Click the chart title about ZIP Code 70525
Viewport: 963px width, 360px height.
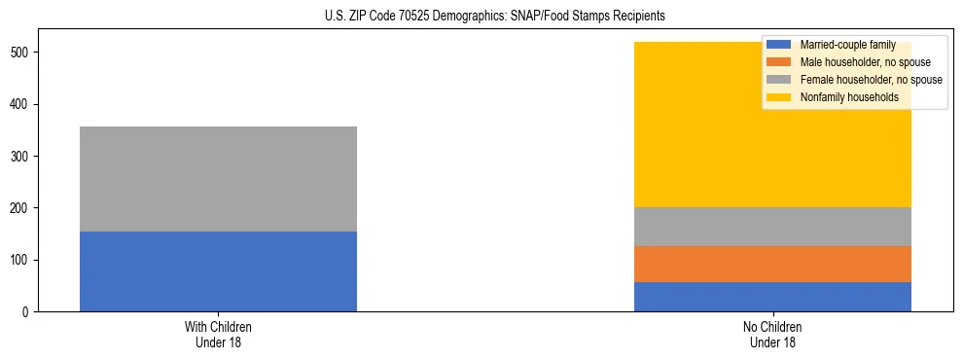click(x=481, y=17)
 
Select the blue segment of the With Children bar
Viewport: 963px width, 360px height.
click(x=218, y=271)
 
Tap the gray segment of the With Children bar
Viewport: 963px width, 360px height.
click(x=218, y=179)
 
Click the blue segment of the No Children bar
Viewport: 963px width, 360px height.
click(x=772, y=297)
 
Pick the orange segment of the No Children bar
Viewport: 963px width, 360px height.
click(x=772, y=264)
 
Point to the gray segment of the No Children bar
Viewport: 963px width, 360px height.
click(x=772, y=227)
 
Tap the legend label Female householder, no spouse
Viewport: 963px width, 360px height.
click(x=871, y=80)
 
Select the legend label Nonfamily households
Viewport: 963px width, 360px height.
click(x=843, y=97)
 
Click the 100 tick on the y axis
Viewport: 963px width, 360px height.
click(x=24, y=260)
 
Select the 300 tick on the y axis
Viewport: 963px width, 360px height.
click(x=24, y=156)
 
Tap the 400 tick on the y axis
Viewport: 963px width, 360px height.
click(x=24, y=104)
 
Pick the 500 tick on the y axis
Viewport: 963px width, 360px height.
click(x=24, y=52)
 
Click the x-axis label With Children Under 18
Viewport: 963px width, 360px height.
click(x=218, y=334)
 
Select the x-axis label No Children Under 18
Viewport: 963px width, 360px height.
click(x=772, y=334)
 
